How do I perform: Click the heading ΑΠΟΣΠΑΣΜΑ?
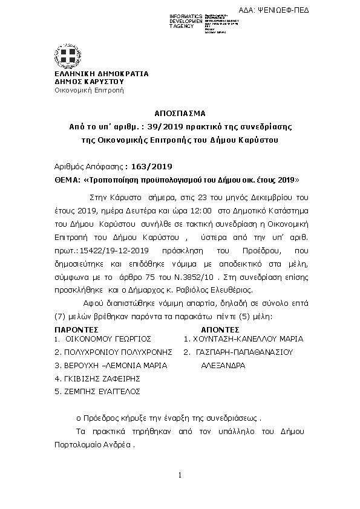pos(180,113)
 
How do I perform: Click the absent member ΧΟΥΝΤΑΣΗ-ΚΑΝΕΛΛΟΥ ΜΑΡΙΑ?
pos(247,339)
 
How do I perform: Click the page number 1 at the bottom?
pos(180,476)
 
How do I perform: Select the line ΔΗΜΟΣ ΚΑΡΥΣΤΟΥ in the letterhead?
pos(89,81)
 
